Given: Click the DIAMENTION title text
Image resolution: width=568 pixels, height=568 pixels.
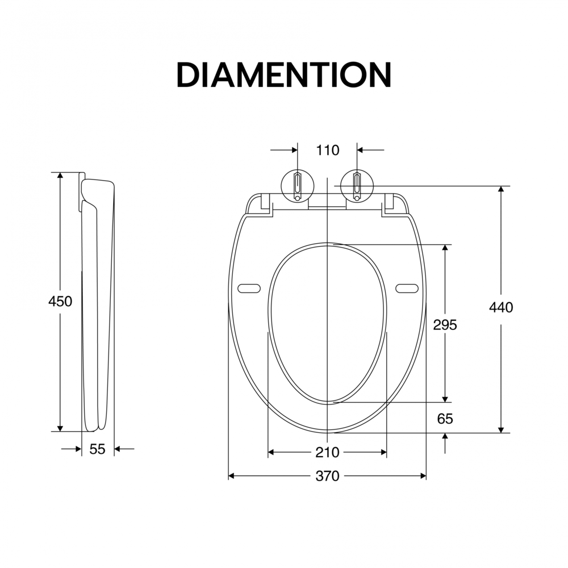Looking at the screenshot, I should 284,74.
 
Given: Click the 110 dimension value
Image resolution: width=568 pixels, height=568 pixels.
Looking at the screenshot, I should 328,151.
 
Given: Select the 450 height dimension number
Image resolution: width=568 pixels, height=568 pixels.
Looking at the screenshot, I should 60,302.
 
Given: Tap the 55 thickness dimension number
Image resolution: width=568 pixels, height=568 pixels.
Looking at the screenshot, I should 98,449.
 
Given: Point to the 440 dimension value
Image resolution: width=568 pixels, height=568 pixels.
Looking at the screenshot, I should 501,307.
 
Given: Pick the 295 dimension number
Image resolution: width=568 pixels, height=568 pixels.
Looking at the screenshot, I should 445,324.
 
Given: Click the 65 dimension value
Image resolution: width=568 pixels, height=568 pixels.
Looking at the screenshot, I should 445,419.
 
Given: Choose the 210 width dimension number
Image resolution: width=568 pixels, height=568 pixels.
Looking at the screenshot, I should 327,452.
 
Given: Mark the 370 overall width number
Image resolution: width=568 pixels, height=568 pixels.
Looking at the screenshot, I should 327,476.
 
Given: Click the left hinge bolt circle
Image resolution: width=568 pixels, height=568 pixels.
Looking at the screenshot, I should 298,185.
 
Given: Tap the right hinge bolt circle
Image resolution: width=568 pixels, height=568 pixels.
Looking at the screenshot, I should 357,185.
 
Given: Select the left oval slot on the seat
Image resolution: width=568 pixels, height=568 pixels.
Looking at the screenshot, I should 249,289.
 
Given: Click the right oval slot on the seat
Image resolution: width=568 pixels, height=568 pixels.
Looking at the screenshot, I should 407,289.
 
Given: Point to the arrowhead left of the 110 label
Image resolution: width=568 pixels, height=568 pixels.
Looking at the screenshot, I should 294,151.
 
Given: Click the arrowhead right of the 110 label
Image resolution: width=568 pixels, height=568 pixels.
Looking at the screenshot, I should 361,151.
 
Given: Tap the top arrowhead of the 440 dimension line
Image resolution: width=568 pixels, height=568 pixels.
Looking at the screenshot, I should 501,190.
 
